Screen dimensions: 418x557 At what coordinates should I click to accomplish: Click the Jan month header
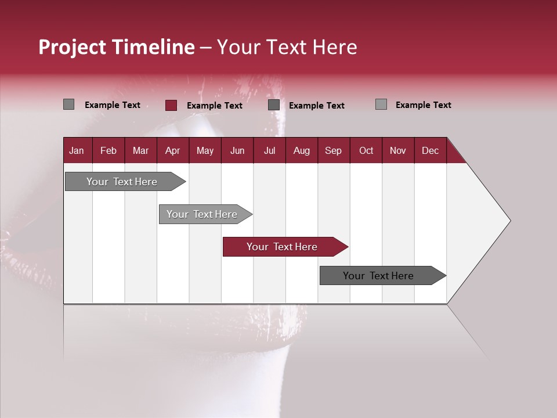[x=77, y=150]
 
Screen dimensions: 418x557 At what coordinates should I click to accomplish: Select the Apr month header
[x=172, y=150]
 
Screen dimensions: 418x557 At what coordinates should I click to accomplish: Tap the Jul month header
[x=269, y=150]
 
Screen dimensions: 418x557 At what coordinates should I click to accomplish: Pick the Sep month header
[x=333, y=150]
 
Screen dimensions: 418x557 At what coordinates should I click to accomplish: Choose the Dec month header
[x=430, y=150]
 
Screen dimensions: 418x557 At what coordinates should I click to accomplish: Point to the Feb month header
[x=108, y=150]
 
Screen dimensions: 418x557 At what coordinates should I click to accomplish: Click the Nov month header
[x=398, y=150]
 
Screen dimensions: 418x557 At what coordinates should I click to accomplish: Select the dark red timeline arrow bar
[x=284, y=247]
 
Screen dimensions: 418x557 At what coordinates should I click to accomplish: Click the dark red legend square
[x=171, y=105]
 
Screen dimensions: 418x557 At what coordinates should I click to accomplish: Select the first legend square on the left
[x=68, y=105]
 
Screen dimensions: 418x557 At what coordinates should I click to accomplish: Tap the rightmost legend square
[x=381, y=105]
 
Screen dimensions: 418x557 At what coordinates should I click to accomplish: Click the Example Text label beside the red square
[x=215, y=106]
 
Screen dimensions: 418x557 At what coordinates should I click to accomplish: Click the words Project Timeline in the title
[x=116, y=47]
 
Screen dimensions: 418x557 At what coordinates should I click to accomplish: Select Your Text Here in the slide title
[x=287, y=47]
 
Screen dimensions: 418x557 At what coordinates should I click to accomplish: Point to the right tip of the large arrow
[x=509, y=221]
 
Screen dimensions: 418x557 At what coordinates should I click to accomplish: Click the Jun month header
[x=237, y=150]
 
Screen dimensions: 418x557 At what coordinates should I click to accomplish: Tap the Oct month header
[x=366, y=150]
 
